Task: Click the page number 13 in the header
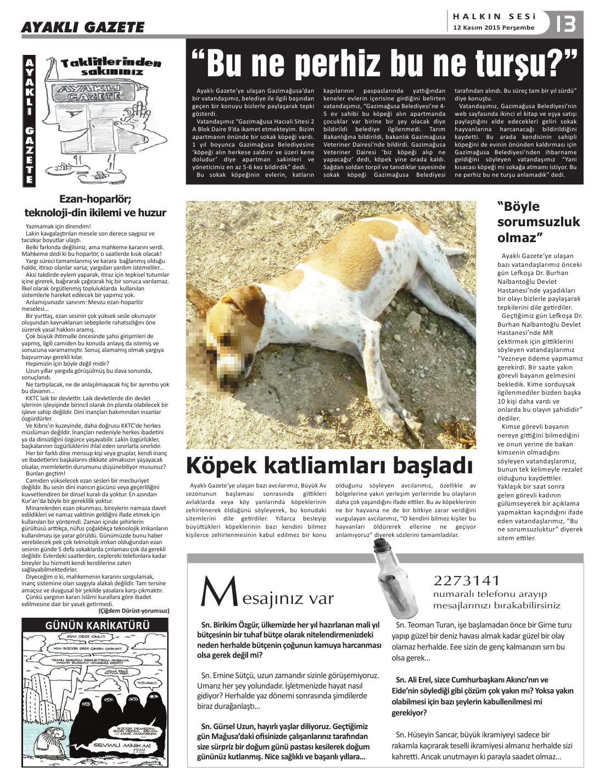[566, 25]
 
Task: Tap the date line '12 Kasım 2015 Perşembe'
[494, 27]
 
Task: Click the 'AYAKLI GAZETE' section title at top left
[82, 27]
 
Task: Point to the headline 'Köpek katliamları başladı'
[329, 465]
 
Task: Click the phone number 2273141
[467, 580]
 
